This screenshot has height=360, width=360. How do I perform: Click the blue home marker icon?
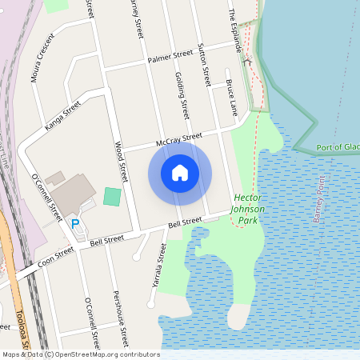180,172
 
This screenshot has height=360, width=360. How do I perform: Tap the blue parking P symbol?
76,224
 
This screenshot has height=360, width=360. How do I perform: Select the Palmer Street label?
170,56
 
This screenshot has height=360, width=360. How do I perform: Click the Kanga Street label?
64,115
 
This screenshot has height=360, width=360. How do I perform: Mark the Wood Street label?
121,160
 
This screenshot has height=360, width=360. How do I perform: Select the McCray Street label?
180,140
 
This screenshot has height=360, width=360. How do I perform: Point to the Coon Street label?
56,254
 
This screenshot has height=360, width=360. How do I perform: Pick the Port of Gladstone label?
338,147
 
